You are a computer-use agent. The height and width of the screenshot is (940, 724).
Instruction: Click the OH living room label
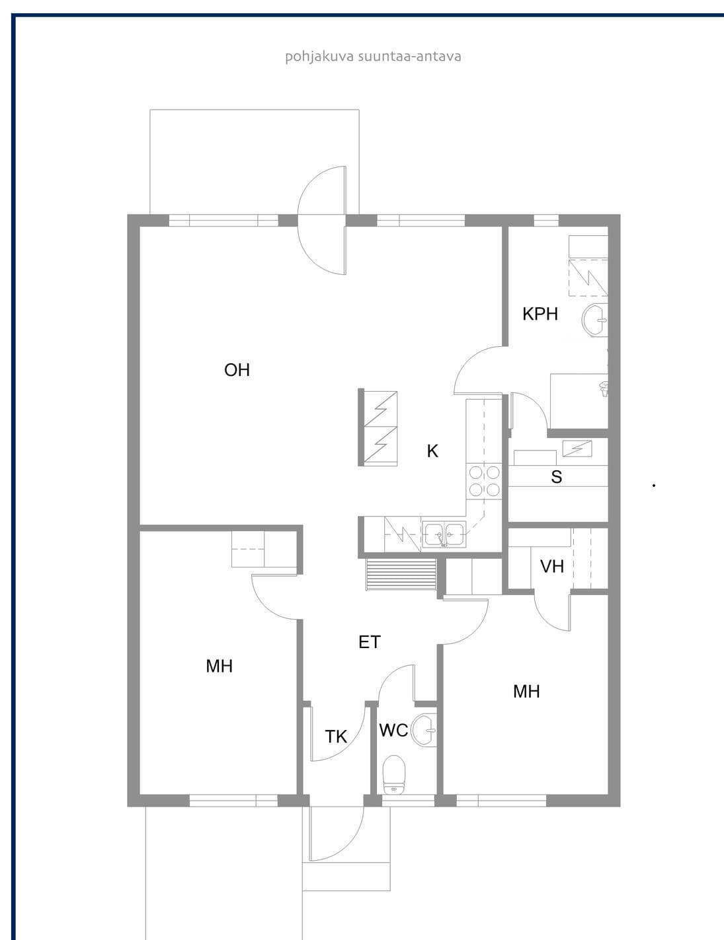(x=237, y=370)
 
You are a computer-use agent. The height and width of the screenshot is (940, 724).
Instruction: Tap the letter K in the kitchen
(x=432, y=451)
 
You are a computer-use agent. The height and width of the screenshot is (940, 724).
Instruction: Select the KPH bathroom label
(x=540, y=314)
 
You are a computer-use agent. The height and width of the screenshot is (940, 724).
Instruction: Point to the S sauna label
(x=557, y=477)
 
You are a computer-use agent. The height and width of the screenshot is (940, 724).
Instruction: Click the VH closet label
(x=552, y=566)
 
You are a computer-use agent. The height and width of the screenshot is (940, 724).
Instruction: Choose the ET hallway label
(x=370, y=642)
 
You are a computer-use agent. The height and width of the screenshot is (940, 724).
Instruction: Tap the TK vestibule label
(x=336, y=737)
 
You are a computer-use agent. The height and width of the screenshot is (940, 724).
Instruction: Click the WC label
(x=393, y=730)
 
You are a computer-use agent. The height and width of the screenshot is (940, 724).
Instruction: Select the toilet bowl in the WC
(x=393, y=776)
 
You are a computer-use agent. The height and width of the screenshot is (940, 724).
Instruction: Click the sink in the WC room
(x=423, y=730)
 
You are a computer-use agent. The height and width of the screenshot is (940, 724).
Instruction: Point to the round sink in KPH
(x=594, y=320)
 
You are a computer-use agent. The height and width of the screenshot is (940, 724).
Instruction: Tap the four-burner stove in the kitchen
(x=484, y=481)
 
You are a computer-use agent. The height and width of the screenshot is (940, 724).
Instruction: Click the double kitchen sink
(x=444, y=534)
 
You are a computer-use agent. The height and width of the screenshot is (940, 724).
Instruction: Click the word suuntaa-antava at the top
(x=409, y=57)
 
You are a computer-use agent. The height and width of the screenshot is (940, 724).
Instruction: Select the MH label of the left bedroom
(x=219, y=666)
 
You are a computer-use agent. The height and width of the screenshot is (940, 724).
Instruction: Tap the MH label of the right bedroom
(x=526, y=692)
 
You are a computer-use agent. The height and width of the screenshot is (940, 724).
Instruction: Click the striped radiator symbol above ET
(x=401, y=575)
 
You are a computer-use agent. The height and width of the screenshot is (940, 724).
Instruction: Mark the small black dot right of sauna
(x=654, y=486)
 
